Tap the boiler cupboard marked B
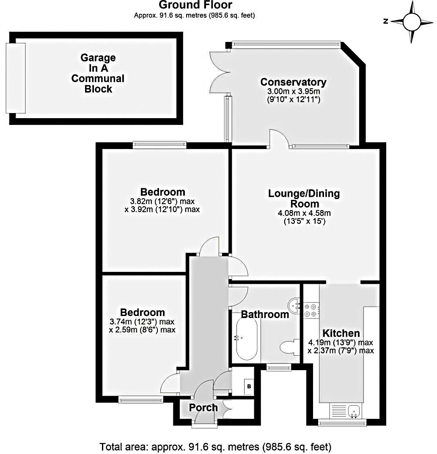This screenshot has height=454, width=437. point(249,386)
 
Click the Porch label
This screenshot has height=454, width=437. point(203,407)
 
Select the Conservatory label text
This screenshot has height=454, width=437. point(293,82)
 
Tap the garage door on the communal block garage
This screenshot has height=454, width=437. point(15,78)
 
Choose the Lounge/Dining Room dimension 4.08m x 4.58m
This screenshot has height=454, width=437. point(304,213)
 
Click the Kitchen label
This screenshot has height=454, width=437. point(341,333)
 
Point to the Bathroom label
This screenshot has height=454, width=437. point(265,314)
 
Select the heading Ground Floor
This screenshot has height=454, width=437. point(195,6)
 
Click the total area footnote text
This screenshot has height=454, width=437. point(215,446)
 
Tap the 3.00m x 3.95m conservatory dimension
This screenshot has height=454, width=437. point(293,91)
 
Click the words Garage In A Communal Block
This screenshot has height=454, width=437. point(98,73)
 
